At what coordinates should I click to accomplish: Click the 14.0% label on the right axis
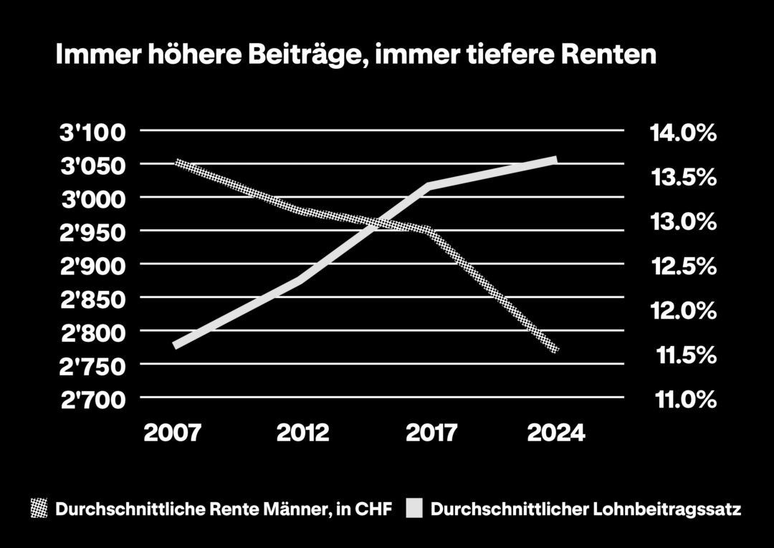click(682, 133)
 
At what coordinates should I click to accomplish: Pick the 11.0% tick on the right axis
click(682, 399)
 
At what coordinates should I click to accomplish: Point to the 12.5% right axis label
click(682, 266)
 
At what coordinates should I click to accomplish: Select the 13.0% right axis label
click(682, 222)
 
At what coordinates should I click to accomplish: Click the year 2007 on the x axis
click(173, 433)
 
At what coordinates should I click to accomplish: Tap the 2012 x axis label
click(303, 433)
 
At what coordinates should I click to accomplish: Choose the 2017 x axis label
click(431, 433)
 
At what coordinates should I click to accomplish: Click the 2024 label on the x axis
click(556, 433)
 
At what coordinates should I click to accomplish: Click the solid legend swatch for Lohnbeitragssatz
click(415, 509)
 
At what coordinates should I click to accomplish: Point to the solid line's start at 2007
click(176, 345)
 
